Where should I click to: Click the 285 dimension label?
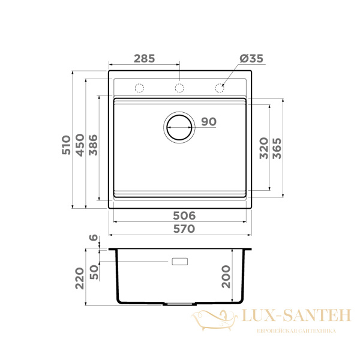(x=145, y=59)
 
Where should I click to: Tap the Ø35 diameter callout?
(x=251, y=59)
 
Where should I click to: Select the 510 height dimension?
(x=67, y=145)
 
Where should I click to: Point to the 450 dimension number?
(x=80, y=145)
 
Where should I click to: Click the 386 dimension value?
(x=93, y=145)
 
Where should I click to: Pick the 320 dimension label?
(x=264, y=148)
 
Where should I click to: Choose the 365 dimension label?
(x=277, y=148)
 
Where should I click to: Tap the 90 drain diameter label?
(x=209, y=122)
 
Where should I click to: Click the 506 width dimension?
(x=184, y=215)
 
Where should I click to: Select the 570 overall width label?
(x=184, y=229)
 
